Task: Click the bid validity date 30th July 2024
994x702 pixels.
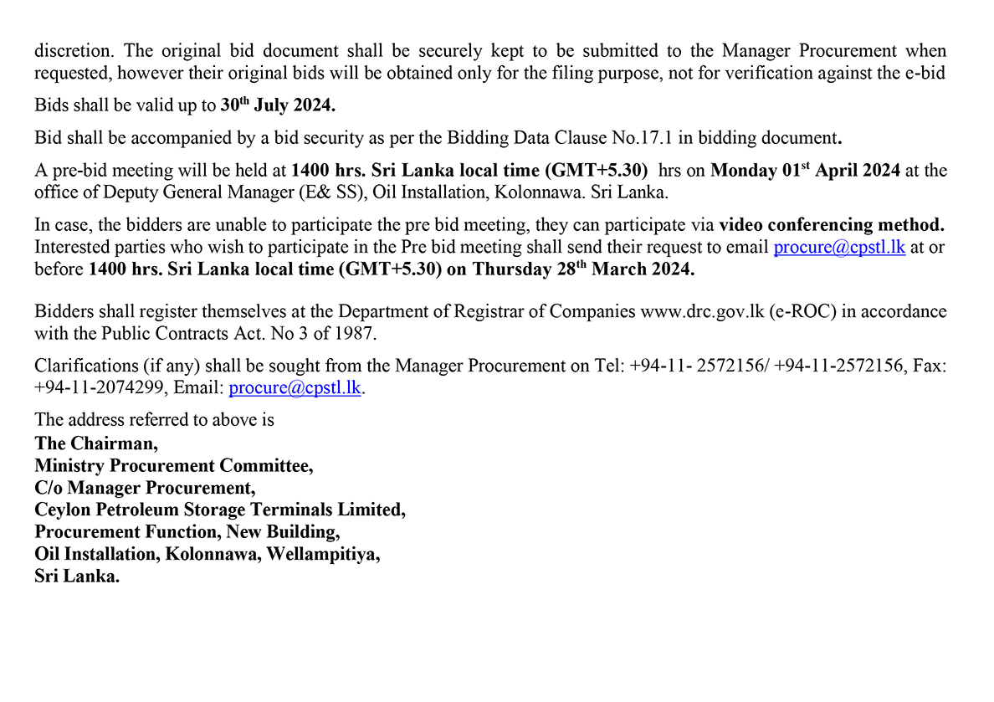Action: point(279,106)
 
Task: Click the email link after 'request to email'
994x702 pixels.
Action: point(839,248)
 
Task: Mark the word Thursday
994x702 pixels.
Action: point(510,270)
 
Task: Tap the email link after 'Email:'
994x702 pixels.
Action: point(296,388)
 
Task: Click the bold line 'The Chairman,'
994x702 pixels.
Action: point(96,443)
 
